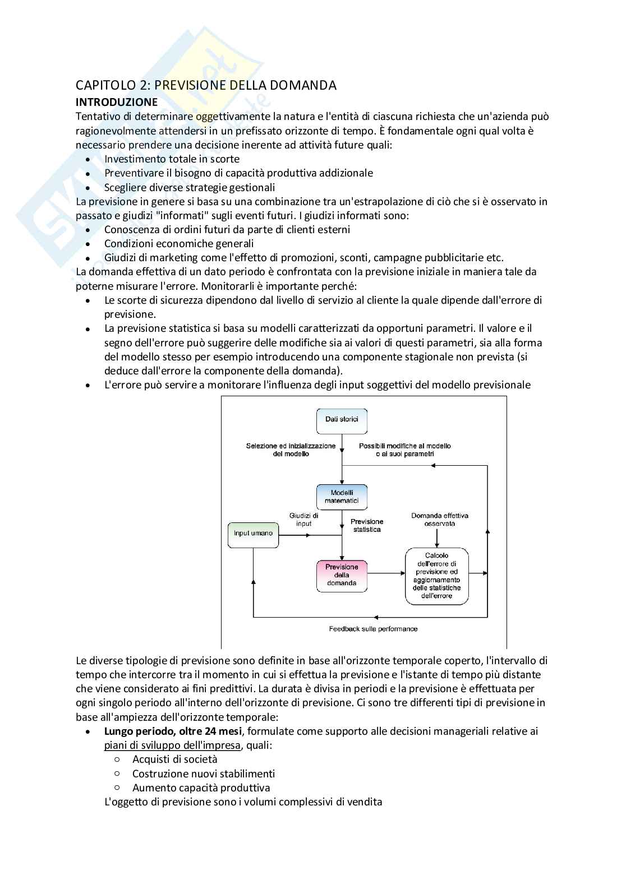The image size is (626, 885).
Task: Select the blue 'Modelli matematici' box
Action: coord(342,497)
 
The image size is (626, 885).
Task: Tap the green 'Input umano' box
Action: coord(253,534)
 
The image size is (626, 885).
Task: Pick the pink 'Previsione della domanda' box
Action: coord(342,575)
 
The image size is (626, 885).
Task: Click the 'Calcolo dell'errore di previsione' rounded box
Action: coord(436,576)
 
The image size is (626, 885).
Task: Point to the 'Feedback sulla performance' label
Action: coord(373,628)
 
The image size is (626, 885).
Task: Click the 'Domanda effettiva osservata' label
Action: coord(439,519)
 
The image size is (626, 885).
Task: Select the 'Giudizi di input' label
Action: coord(303,519)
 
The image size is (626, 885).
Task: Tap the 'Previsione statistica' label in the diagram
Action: coord(367,525)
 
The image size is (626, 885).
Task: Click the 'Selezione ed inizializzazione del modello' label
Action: coord(291,450)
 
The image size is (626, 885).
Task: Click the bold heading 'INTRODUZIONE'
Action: coord(117,102)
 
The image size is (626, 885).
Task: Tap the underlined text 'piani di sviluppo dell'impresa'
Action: coord(172,745)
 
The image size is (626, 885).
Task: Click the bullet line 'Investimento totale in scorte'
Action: coord(172,159)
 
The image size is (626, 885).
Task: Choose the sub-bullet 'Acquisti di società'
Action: coord(174,759)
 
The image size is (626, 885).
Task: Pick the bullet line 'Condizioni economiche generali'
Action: coord(179,243)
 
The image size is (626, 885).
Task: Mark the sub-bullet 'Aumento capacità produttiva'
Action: coord(201,787)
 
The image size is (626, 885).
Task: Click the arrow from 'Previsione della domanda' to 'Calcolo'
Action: coord(386,573)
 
